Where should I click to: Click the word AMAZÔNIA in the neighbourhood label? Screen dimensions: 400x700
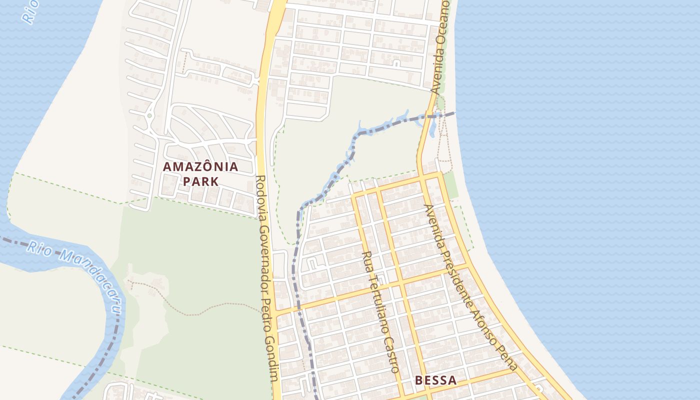coord(200,167)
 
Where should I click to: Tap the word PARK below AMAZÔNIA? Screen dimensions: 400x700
coord(200,181)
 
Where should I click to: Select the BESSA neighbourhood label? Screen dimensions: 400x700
coord(435,380)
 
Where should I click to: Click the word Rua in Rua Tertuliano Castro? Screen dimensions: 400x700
coord(367,260)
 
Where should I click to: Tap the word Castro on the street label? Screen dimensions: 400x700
coord(391,354)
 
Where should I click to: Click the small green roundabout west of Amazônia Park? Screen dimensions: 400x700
coord(149,116)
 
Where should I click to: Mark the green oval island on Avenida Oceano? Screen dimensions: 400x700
coord(440,103)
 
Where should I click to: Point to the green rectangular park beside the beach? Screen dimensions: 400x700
coord(450,184)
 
